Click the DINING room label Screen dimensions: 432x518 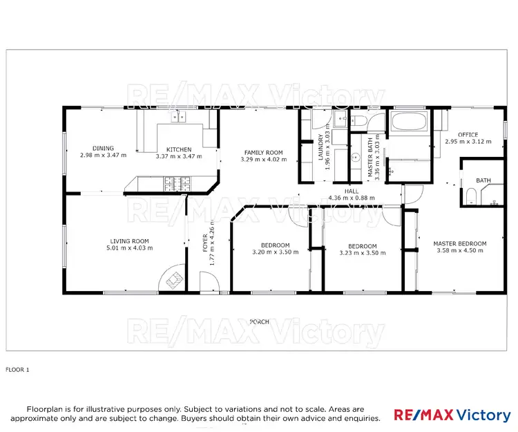104,147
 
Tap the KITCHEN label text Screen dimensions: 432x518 179,149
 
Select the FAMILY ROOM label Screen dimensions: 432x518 263,152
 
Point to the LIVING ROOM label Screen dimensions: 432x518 129,241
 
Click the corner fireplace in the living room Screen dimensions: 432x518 173,280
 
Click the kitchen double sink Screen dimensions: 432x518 179,117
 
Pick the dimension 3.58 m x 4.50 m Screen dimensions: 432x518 459,251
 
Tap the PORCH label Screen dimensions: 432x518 260,321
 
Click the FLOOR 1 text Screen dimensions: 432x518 18,370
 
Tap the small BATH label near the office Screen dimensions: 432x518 483,180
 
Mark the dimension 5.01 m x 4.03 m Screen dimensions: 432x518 129,249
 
